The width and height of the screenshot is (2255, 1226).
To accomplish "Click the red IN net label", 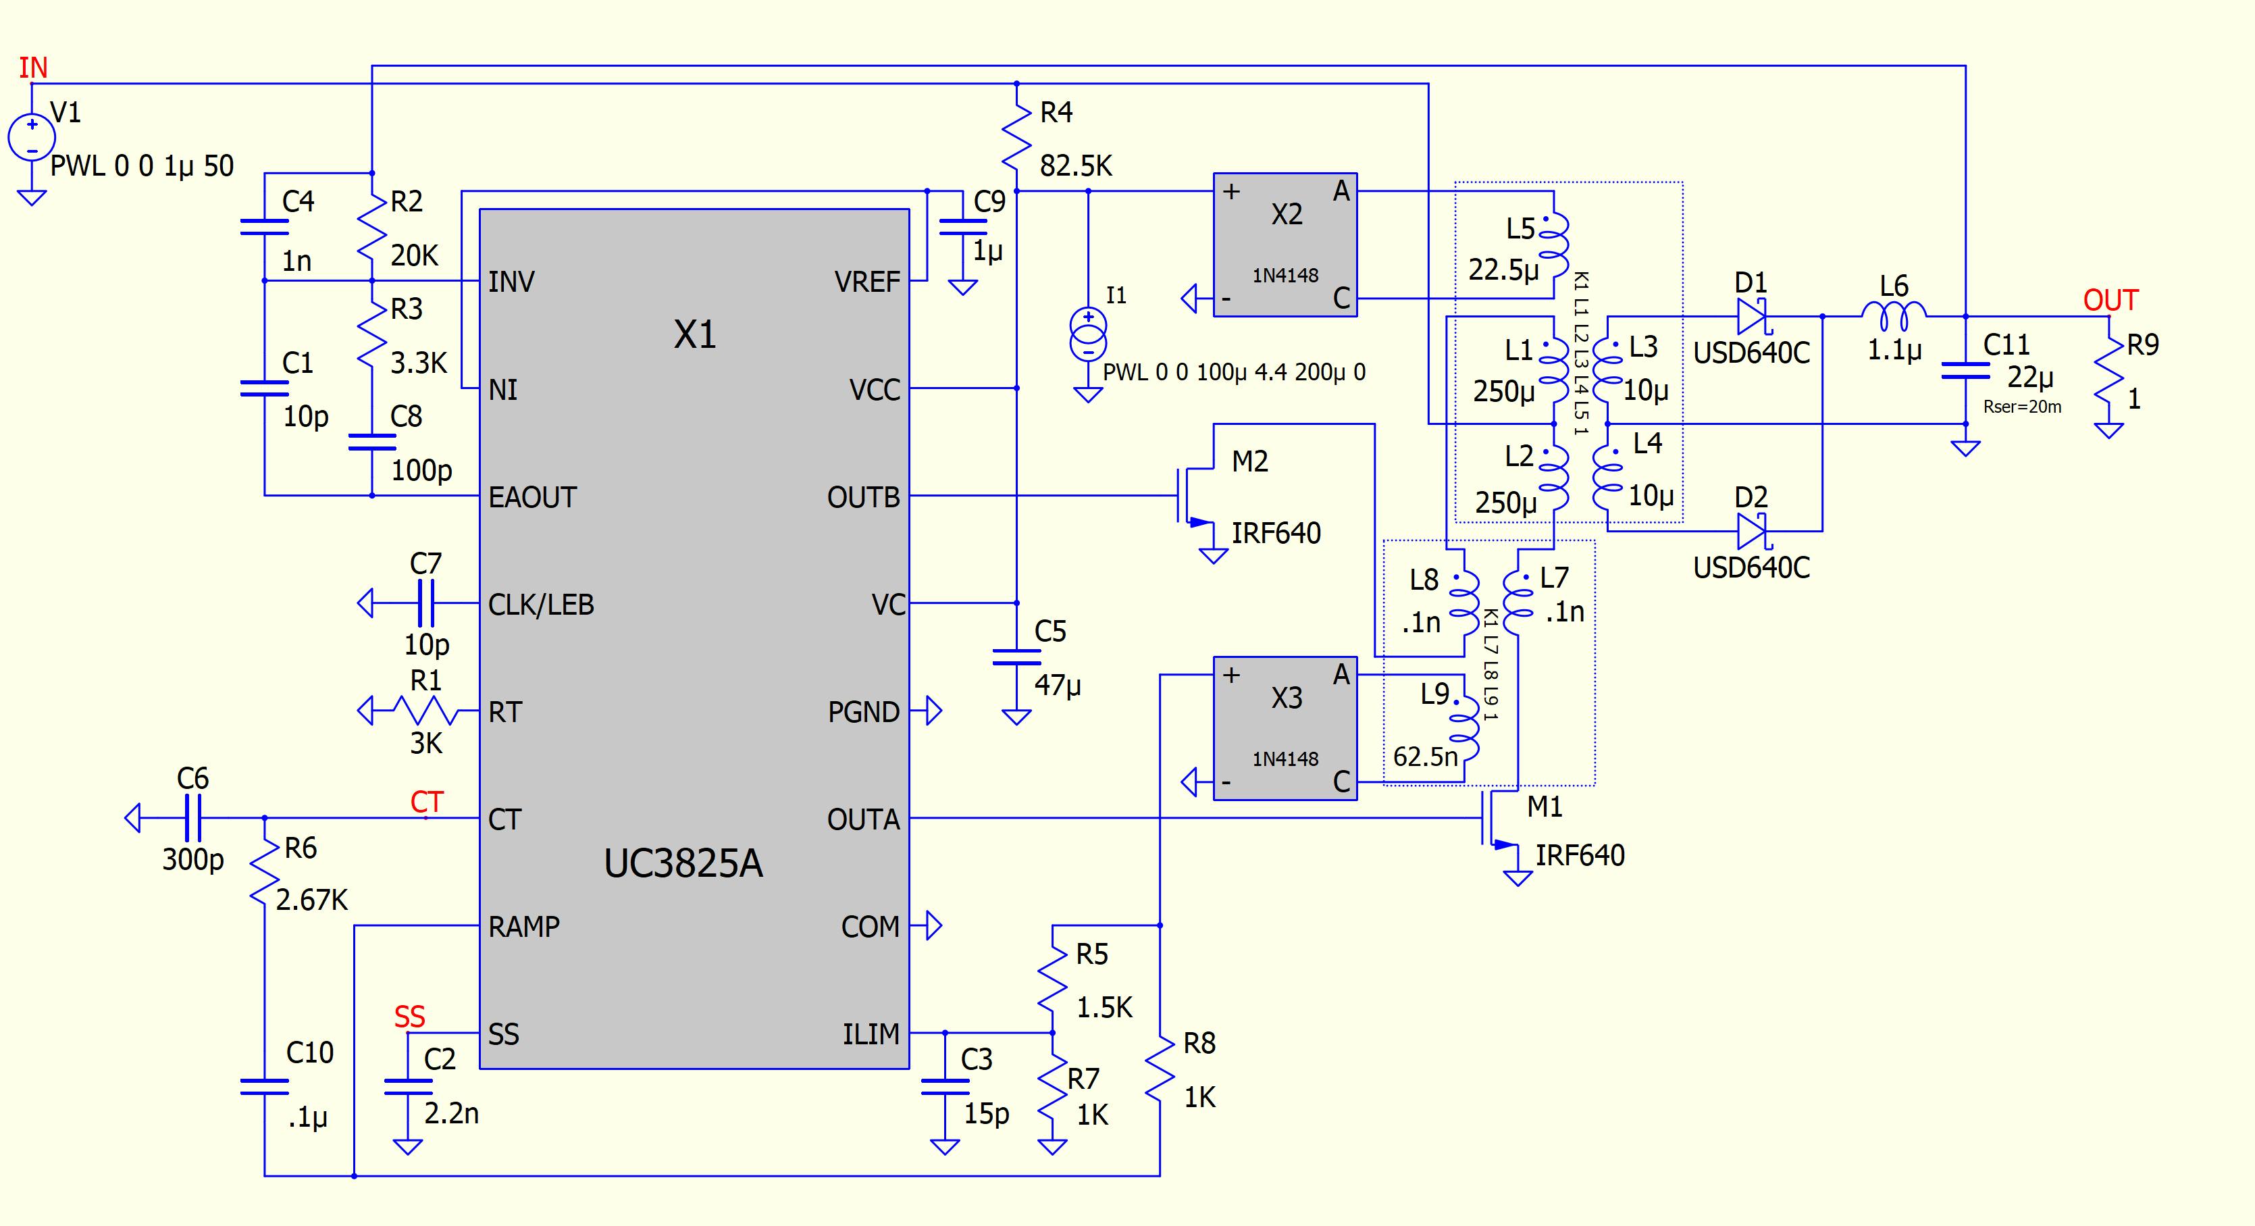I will (33, 68).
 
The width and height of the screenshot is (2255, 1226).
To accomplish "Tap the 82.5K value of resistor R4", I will (1076, 165).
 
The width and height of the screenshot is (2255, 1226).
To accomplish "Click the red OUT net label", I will (2110, 301).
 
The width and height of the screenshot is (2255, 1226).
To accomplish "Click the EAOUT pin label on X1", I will (532, 497).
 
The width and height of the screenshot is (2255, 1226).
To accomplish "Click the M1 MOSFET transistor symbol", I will (1499, 819).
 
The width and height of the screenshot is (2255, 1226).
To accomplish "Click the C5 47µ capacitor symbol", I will (1016, 657).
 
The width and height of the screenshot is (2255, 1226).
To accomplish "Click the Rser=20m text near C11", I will (2021, 407).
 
